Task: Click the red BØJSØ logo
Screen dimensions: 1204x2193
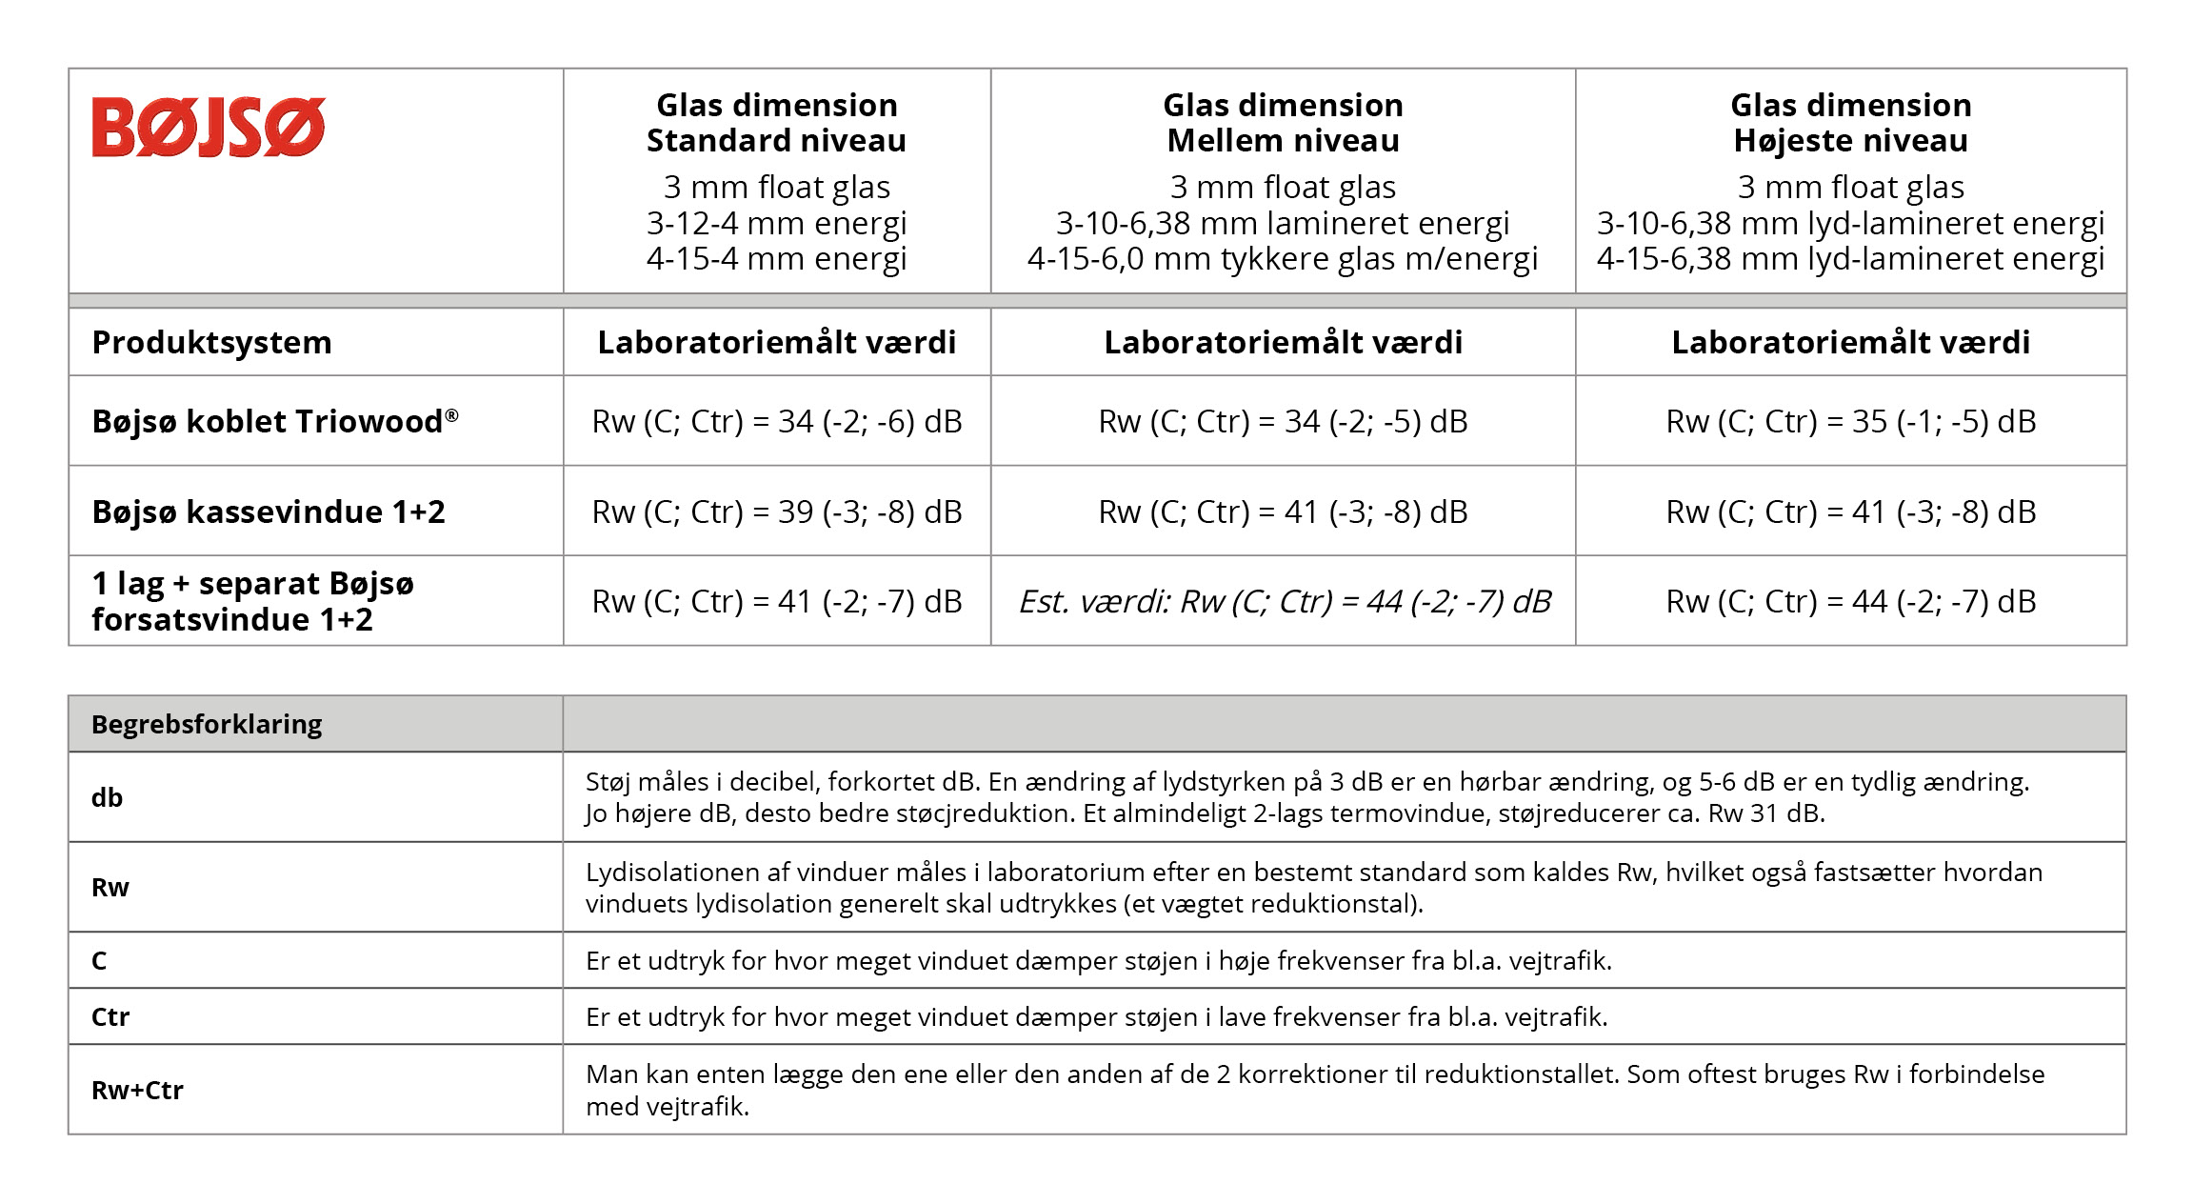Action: coord(209,127)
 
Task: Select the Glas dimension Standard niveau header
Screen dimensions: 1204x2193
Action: coord(776,123)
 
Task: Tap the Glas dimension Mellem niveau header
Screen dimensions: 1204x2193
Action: coord(1283,123)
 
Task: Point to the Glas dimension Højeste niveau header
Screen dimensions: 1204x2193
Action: coord(1850,123)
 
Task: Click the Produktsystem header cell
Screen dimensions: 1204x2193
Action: coord(211,342)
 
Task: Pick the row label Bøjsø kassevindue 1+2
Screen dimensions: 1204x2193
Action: coord(268,512)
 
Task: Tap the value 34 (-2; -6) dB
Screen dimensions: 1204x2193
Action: coord(776,421)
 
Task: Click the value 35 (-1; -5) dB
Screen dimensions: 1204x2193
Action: coord(1850,421)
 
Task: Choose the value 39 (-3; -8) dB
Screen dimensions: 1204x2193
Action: coord(776,512)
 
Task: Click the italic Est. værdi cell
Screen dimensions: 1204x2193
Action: coord(1283,601)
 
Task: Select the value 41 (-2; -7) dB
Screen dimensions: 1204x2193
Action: coord(776,601)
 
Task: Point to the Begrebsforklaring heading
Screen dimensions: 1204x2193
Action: coord(207,724)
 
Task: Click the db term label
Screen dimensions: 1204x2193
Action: coord(107,797)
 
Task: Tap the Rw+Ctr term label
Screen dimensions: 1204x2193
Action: coord(137,1090)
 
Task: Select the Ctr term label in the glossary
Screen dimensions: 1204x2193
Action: coord(110,1016)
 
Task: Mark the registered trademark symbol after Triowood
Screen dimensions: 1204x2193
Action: coord(452,414)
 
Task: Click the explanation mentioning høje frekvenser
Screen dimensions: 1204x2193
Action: coord(1098,960)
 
